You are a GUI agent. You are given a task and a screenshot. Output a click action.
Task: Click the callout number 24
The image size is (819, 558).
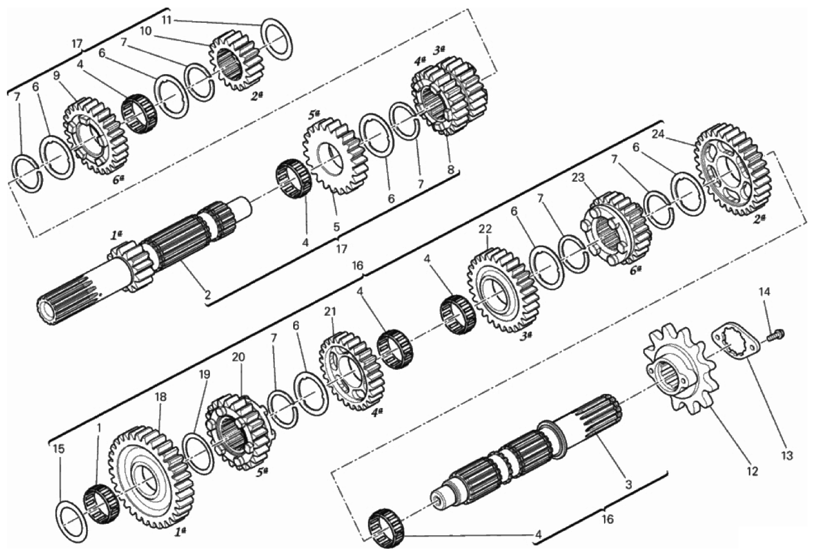(x=658, y=135)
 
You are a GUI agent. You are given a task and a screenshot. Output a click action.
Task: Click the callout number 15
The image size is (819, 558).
(x=59, y=449)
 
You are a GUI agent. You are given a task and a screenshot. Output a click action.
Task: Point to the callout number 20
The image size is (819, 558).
(x=238, y=357)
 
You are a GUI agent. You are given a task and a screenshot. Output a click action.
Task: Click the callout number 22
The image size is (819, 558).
(x=485, y=229)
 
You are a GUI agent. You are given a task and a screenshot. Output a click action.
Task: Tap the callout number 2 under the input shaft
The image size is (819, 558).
(x=207, y=295)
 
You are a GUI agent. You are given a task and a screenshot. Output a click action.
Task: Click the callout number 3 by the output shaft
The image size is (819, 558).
(x=629, y=485)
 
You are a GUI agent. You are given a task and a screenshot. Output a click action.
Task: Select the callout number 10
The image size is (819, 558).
(x=145, y=31)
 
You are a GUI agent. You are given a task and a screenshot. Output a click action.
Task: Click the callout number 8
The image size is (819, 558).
(x=451, y=169)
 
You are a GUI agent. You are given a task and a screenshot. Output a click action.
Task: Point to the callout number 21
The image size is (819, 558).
(x=330, y=312)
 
